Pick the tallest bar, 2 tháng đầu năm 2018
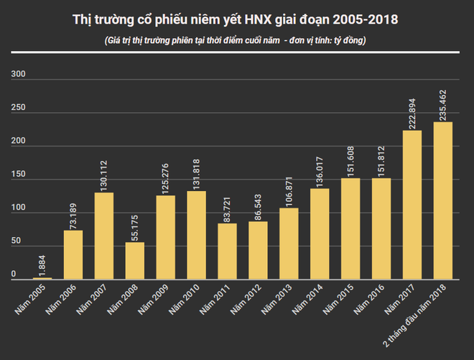[443, 200]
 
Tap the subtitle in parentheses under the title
[236, 40]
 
